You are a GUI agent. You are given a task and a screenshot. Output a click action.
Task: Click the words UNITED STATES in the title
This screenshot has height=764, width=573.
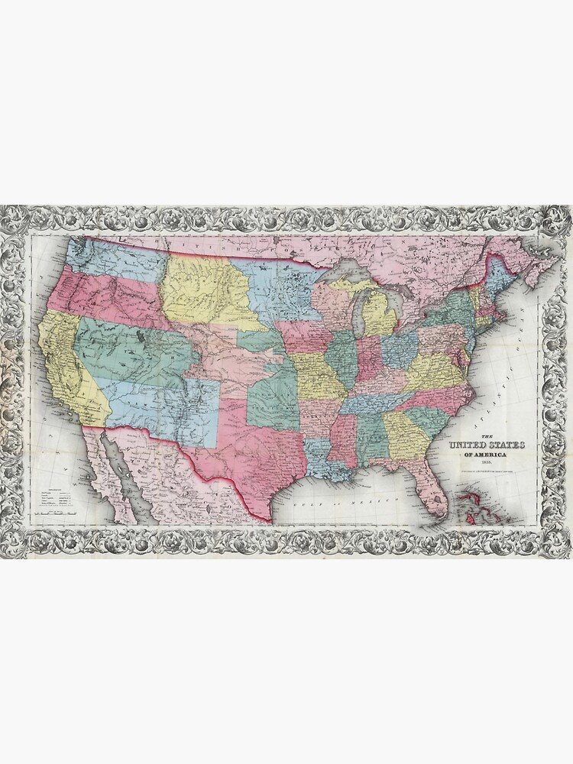tap(481, 445)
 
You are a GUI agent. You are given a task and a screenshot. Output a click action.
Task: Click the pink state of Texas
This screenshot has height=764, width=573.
tap(244, 451)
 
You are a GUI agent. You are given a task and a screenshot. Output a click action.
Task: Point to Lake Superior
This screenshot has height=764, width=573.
tap(344, 271)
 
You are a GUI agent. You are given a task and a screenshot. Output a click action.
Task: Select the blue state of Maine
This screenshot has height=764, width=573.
tap(500, 271)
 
